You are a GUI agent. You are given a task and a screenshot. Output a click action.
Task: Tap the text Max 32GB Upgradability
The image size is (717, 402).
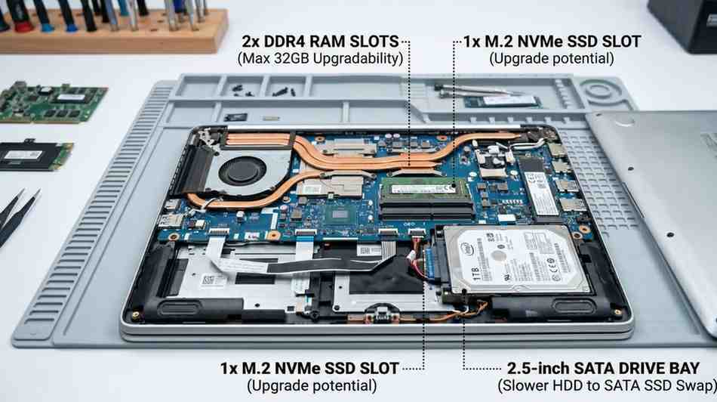pyautogui.click(x=320, y=57)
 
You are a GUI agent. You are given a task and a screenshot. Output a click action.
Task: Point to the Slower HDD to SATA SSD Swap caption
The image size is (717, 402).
pyautogui.click(x=607, y=386)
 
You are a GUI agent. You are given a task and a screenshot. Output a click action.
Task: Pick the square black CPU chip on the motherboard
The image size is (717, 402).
pyautogui.click(x=341, y=215)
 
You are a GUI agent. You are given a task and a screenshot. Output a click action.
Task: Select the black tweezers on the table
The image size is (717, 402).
pyautogui.click(x=15, y=215)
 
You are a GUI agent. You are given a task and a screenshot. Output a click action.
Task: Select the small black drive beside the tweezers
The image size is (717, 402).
pyautogui.click(x=34, y=154)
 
